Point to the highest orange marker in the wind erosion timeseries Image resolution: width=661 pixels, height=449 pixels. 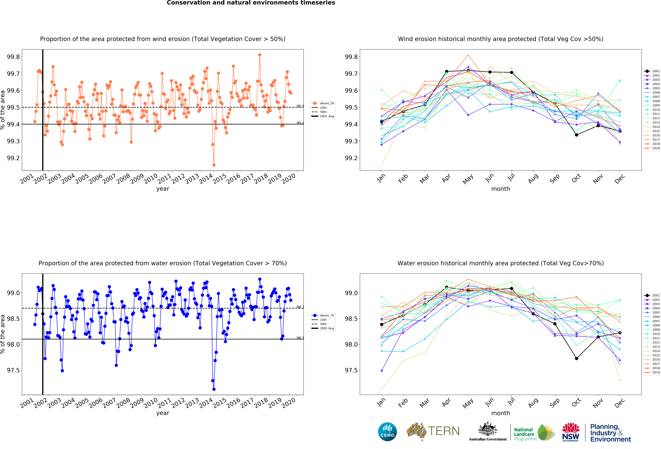click(x=260, y=55)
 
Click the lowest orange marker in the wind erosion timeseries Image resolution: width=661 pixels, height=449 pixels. click(x=214, y=165)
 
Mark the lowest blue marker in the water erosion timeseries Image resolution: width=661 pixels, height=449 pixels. click(x=214, y=389)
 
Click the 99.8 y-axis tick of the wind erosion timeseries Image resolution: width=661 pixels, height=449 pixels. click(x=13, y=57)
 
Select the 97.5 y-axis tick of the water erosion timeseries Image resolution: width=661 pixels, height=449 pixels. click(x=13, y=370)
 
